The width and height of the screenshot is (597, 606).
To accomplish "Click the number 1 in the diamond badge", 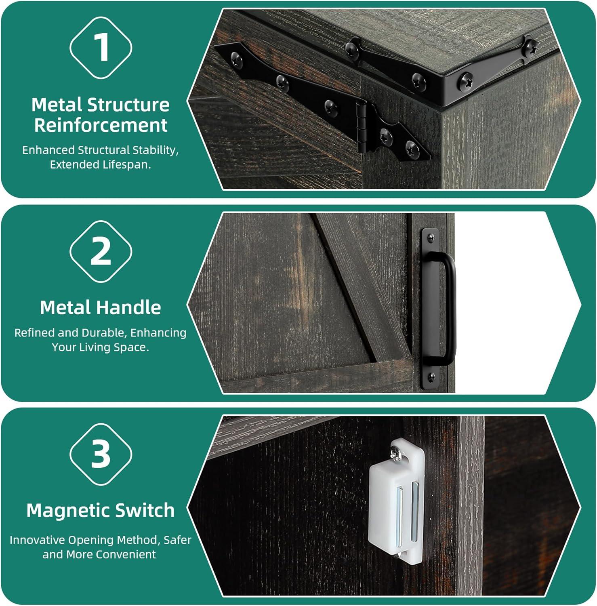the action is point(101,47).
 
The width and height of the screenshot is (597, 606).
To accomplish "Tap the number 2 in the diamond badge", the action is point(101,251).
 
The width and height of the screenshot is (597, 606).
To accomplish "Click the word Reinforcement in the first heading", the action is point(101,125).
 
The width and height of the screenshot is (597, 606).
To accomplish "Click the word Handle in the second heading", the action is point(129,308).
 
